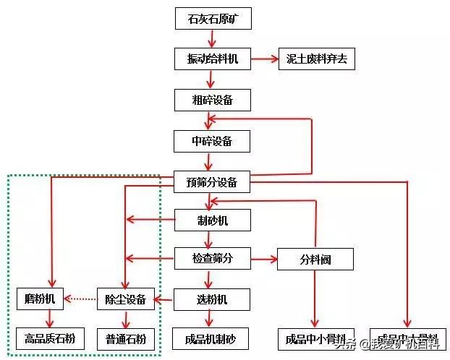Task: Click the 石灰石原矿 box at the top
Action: point(213,19)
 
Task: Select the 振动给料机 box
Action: point(213,59)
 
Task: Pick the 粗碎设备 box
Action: point(212,100)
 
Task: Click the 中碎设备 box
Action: point(212,140)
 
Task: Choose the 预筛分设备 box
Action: point(212,182)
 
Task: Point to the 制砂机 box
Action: point(212,220)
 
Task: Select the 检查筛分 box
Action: point(212,257)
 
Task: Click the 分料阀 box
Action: point(315,259)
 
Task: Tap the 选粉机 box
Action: point(212,299)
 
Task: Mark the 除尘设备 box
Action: point(127,299)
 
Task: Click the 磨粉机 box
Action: point(40,299)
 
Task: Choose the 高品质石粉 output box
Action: point(50,338)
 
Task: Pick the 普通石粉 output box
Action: point(127,338)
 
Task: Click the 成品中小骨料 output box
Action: point(315,338)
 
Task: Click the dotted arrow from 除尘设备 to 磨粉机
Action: point(81,299)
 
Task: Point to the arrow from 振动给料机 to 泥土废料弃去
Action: point(264,59)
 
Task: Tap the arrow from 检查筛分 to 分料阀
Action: point(264,257)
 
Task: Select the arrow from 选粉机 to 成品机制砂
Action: point(210,318)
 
